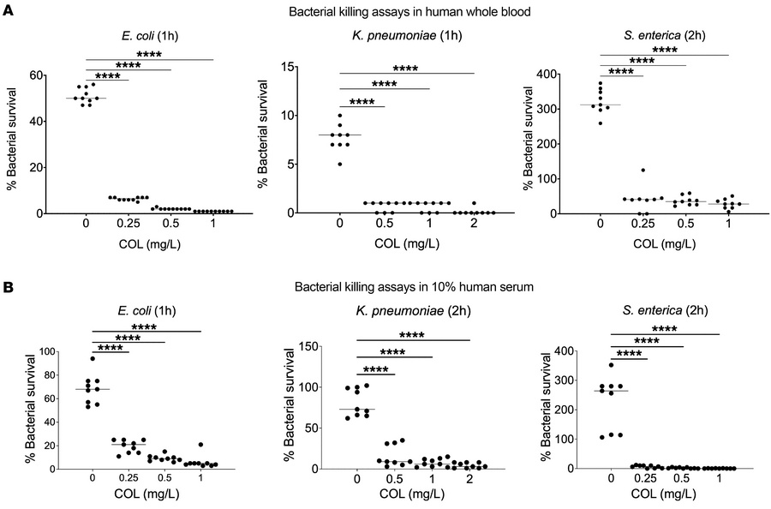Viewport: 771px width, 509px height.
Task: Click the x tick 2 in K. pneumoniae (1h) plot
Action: (x=474, y=227)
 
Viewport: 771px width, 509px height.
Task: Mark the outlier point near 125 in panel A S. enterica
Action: (x=642, y=170)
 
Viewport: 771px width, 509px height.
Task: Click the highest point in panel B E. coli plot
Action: (x=92, y=358)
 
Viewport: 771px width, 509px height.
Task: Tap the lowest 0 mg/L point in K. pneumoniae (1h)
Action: (x=341, y=164)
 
